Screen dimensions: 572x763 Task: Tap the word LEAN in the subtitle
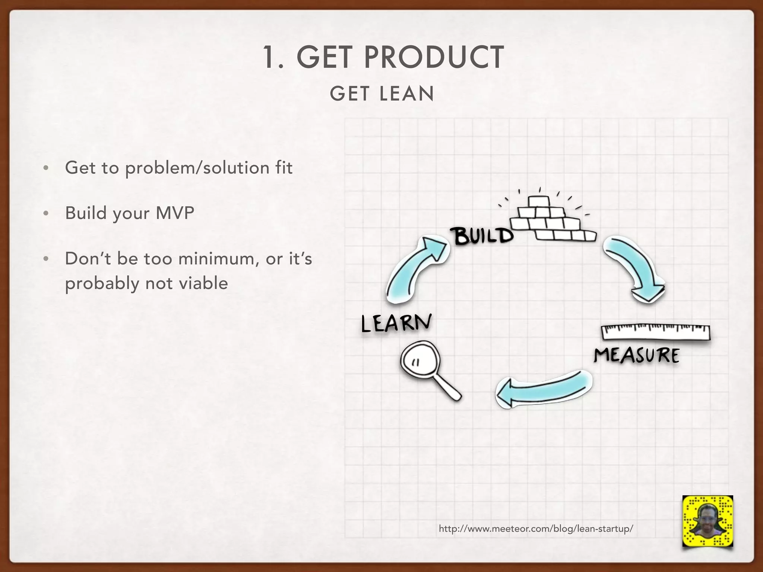[407, 93]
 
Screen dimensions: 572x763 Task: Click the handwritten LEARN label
[396, 323]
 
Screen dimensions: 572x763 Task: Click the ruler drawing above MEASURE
[656, 333]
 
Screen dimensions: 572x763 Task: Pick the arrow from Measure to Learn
[544, 389]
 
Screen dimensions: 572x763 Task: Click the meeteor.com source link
[536, 528]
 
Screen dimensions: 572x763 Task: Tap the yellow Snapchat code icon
[707, 521]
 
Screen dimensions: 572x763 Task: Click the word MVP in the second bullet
[175, 213]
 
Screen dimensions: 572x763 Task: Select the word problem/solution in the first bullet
[197, 168]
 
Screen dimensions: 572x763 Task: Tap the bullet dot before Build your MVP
[46, 213]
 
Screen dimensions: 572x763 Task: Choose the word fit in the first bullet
[284, 168]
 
